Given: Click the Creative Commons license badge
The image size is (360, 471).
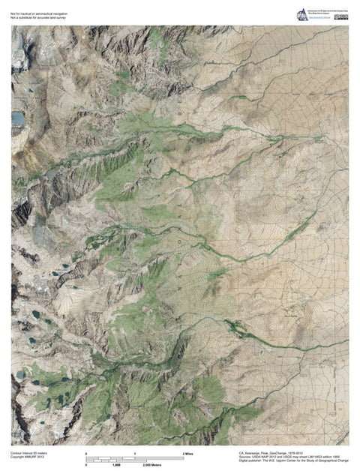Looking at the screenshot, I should [343, 13].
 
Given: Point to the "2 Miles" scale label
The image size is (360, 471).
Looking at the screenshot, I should [188, 454].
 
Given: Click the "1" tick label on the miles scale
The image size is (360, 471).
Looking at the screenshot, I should [135, 454].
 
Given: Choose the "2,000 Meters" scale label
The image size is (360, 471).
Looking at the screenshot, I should [154, 465].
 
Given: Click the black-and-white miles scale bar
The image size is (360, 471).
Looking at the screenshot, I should [135, 458].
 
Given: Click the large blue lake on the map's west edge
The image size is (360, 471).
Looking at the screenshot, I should [17, 118].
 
